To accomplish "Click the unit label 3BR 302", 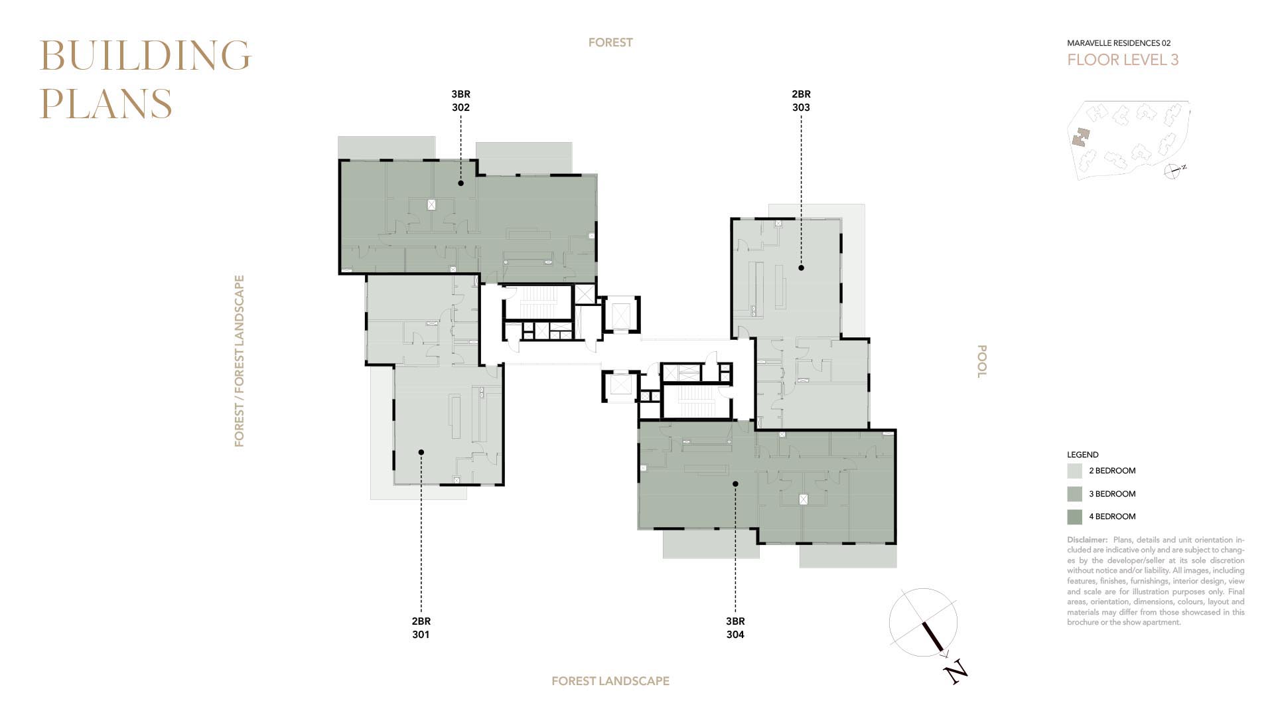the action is click(460, 101).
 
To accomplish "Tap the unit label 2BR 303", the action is click(801, 101).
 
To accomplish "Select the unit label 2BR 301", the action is click(421, 628).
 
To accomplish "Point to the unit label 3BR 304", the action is click(735, 628).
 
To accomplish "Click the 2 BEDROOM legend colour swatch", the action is click(1074, 471).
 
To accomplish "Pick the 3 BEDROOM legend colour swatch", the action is click(1074, 494).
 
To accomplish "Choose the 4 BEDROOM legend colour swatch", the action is click(1074, 517).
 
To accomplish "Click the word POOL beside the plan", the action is click(982, 361).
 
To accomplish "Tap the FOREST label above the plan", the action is click(610, 42).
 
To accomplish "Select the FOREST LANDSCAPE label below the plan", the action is click(610, 681).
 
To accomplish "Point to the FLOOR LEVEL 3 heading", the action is click(1123, 60).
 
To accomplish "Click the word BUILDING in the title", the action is click(145, 55).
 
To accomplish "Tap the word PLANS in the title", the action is click(106, 104).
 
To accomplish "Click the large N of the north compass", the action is click(955, 672).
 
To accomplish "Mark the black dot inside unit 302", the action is click(460, 183).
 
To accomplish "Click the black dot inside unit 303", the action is click(801, 268).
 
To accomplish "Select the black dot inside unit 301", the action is click(421, 452).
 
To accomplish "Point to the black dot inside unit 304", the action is click(735, 484).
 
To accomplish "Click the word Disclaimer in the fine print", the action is click(1087, 540).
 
